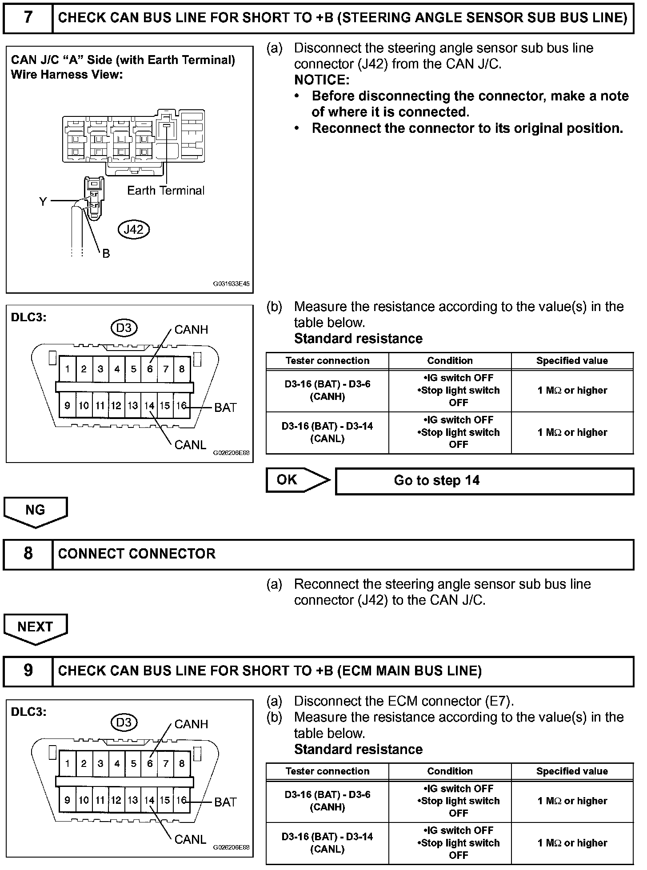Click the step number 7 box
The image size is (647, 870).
tap(28, 18)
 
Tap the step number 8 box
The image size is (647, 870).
tap(28, 554)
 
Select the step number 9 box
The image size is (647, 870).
tap(28, 670)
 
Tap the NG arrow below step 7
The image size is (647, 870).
tap(36, 511)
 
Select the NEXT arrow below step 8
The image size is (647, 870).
tap(36, 627)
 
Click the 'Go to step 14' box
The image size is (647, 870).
tap(484, 481)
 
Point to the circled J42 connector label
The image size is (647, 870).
tap(133, 229)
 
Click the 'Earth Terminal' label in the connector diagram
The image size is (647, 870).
tap(166, 191)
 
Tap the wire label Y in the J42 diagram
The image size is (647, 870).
tap(43, 202)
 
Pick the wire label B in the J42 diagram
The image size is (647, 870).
tap(106, 254)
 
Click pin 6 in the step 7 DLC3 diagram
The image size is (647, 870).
tap(150, 369)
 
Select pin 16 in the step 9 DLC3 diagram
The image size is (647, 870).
tap(181, 800)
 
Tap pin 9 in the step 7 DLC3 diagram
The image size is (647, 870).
tap(67, 406)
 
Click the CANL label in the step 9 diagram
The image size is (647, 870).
tap(191, 839)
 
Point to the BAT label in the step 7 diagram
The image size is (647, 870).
tap(225, 407)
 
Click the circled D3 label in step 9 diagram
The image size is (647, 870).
tap(124, 722)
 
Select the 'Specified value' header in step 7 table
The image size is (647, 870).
tap(572, 361)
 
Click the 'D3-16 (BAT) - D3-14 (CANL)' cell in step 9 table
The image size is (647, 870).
tap(327, 843)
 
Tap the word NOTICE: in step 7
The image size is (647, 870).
tap(322, 80)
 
